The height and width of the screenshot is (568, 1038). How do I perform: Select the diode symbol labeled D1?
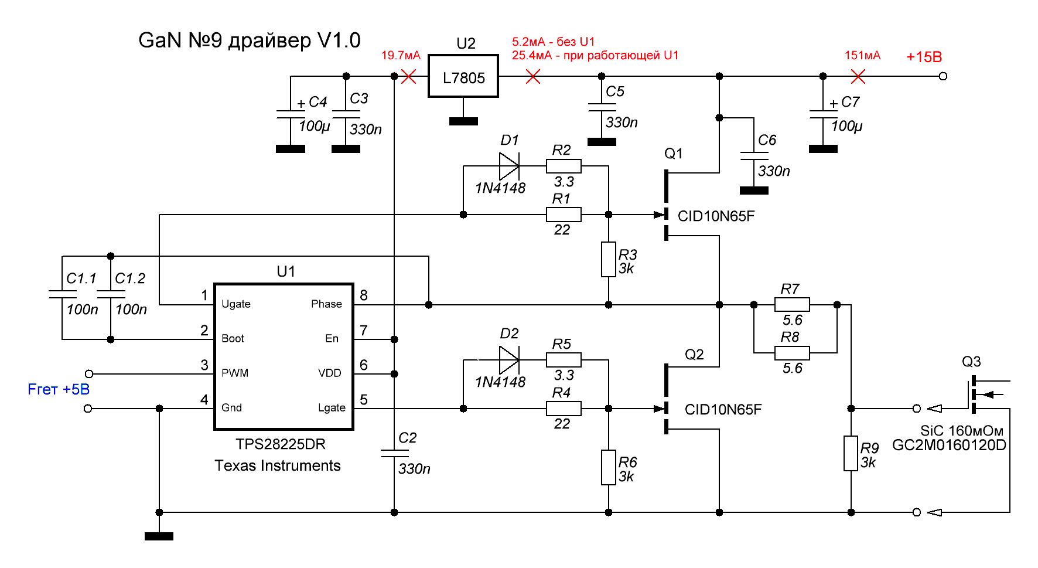[x=509, y=166]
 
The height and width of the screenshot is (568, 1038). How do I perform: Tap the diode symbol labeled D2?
[x=509, y=359]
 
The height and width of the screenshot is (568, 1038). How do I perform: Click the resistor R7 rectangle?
[x=792, y=305]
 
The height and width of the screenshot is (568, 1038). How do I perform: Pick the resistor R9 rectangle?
[x=851, y=453]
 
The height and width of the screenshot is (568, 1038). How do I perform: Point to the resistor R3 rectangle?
[x=609, y=259]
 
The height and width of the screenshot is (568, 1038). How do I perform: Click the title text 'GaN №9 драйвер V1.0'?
[x=250, y=40]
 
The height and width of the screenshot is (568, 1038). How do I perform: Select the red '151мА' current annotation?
[x=862, y=56]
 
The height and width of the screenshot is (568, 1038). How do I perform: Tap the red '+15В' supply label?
[x=924, y=57]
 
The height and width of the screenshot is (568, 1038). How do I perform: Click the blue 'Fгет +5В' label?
[x=59, y=389]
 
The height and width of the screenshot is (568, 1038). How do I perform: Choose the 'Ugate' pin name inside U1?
[x=236, y=304]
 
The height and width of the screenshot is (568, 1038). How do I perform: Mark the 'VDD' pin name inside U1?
[x=329, y=373]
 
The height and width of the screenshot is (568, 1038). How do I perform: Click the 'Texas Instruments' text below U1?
[x=278, y=465]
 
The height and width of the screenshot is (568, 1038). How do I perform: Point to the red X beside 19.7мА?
[x=409, y=76]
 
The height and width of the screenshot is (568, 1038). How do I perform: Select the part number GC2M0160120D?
[x=949, y=445]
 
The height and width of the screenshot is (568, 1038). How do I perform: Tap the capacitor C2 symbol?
[x=394, y=453]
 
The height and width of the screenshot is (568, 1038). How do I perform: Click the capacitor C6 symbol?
[x=754, y=156]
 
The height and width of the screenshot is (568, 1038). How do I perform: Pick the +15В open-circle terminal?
[x=943, y=76]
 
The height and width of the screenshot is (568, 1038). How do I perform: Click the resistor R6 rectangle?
[x=609, y=467]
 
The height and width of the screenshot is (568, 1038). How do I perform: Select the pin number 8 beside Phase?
[x=364, y=295]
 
